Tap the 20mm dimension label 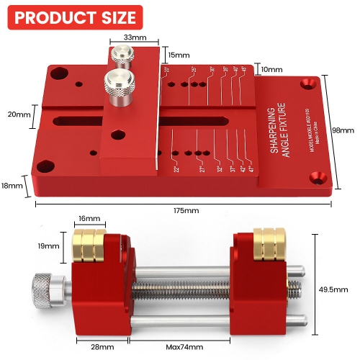(x=19, y=114)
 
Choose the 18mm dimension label (x=13, y=186)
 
